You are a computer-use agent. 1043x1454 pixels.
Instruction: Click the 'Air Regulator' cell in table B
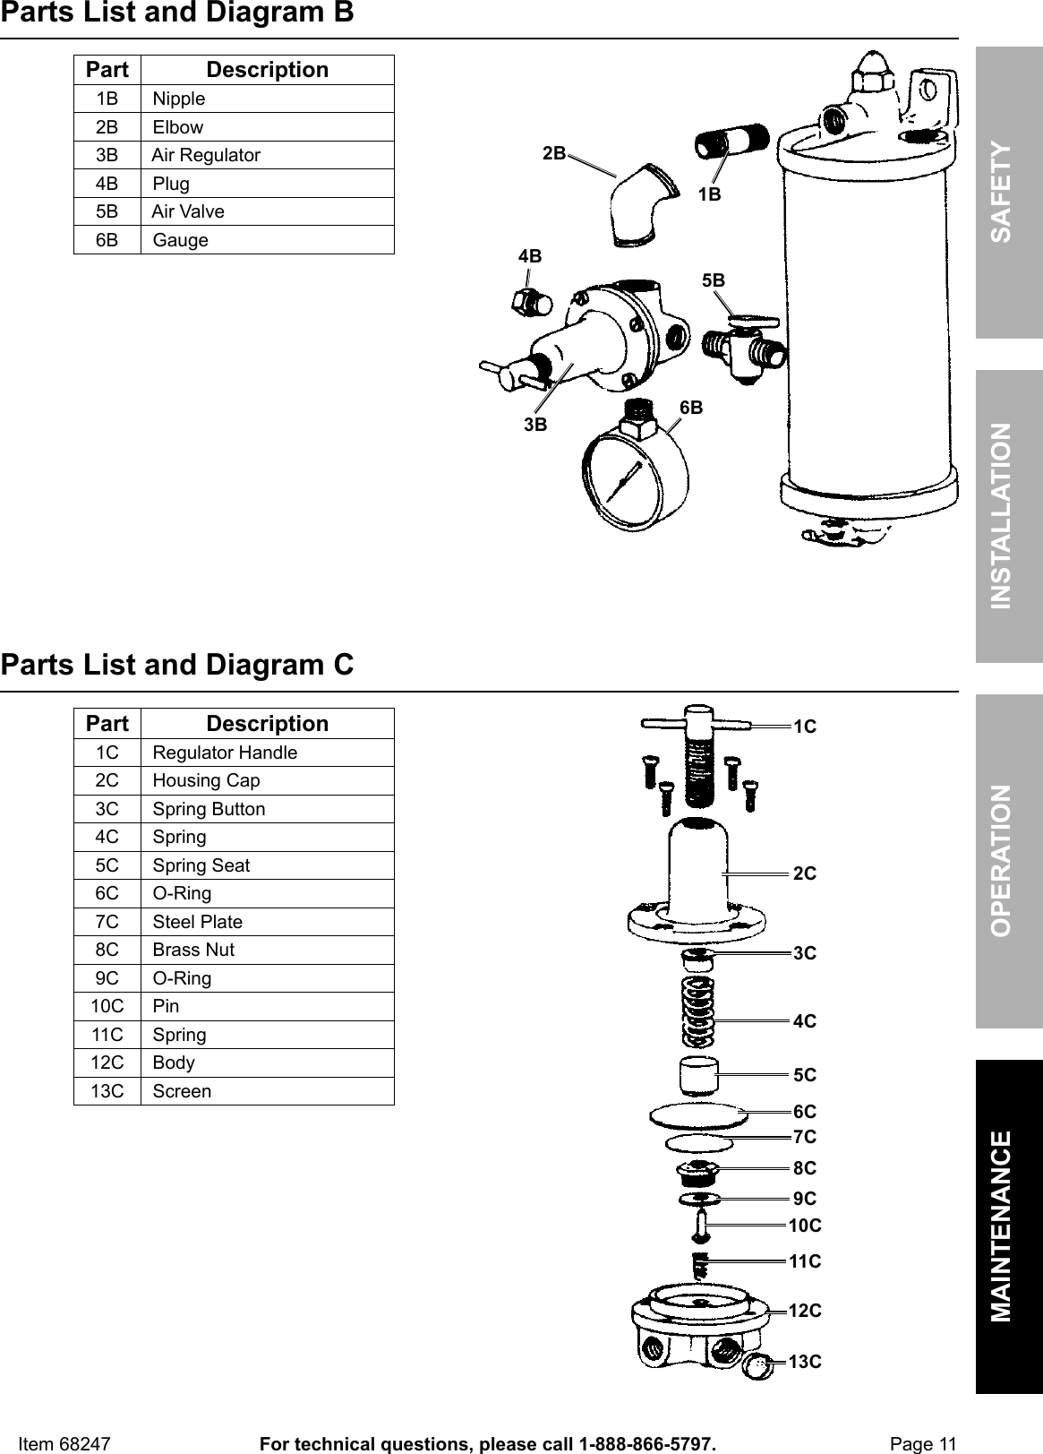[x=206, y=155]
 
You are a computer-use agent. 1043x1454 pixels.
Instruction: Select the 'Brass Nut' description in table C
[x=193, y=950]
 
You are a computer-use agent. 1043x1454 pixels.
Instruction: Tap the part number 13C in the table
[x=107, y=1091]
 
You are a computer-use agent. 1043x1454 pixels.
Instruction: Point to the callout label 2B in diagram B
[x=554, y=153]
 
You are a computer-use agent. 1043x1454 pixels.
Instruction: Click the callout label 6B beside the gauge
[x=691, y=409]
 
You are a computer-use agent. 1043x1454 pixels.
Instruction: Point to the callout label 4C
[x=805, y=1021]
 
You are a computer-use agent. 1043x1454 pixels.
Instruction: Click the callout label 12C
[x=805, y=1311]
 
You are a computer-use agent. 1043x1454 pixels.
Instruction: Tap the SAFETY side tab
[x=1009, y=192]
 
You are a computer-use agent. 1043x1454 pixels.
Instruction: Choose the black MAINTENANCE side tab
[x=1009, y=1226]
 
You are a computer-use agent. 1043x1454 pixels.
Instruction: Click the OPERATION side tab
[x=1009, y=860]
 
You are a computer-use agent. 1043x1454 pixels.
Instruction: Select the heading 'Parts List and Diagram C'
[x=177, y=665]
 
